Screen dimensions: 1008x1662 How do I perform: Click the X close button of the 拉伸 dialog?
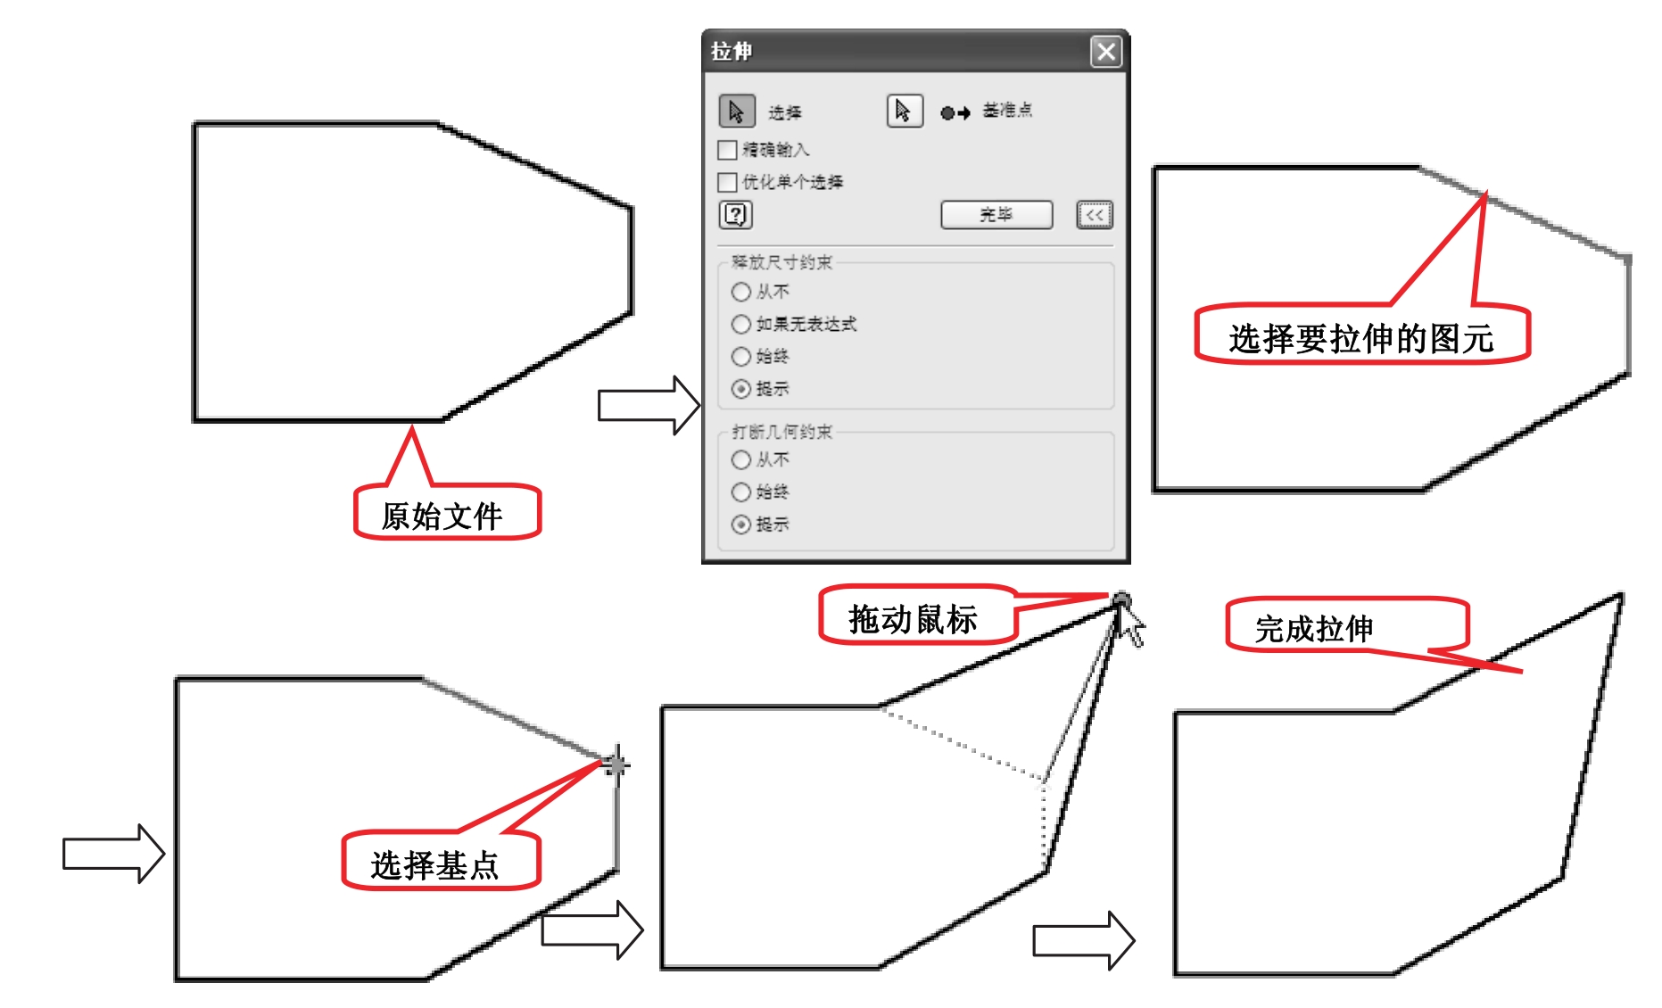click(1106, 52)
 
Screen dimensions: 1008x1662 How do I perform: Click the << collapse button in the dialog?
click(1095, 215)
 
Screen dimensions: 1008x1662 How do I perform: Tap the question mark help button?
click(736, 215)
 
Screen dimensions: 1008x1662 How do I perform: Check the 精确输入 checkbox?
click(728, 150)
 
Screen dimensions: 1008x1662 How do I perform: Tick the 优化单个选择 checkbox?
click(728, 183)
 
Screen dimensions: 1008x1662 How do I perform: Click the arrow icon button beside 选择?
click(736, 112)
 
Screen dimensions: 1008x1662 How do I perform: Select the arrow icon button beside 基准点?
click(904, 112)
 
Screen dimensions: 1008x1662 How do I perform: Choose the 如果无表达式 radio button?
click(740, 324)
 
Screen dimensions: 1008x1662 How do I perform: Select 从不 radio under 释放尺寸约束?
click(740, 292)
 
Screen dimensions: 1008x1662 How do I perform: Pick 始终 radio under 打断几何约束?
click(740, 492)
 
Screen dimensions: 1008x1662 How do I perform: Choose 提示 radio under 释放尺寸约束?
click(740, 389)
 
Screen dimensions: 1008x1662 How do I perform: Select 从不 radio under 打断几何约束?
click(740, 460)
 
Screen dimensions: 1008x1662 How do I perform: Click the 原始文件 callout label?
click(443, 515)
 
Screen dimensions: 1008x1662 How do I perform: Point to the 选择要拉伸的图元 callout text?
click(1360, 338)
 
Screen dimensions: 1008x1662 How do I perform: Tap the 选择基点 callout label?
click(435, 863)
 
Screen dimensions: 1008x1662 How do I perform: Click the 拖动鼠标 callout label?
click(914, 618)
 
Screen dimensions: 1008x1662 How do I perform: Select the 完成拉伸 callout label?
click(1314, 628)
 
